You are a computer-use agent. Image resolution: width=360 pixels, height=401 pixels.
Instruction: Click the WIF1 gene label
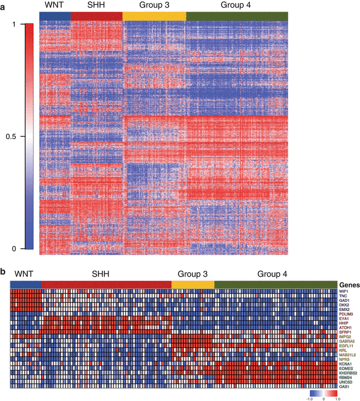pyautogui.click(x=343, y=292)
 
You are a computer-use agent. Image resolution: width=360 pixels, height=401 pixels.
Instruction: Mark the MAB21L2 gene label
pyautogui.click(x=347, y=356)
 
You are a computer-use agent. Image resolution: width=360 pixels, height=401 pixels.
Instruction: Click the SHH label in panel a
pyautogui.click(x=95, y=5)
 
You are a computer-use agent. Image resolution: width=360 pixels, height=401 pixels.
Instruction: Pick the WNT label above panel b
pyautogui.click(x=25, y=273)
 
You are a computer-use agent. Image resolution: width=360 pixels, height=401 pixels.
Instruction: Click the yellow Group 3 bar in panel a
pyautogui.click(x=154, y=16)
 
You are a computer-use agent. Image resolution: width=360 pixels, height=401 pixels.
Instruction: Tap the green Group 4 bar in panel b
pyautogui.click(x=275, y=284)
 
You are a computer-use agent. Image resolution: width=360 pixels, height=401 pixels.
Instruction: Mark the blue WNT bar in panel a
pyautogui.click(x=55, y=16)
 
